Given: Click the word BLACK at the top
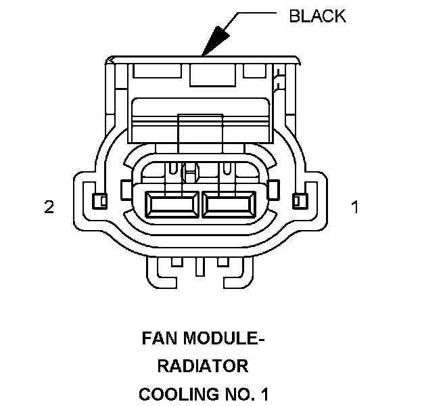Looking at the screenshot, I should tap(317, 16).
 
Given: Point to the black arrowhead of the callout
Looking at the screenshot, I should tap(214, 43).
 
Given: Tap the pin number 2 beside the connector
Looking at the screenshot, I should tap(49, 207).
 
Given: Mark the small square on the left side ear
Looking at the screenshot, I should tap(99, 200).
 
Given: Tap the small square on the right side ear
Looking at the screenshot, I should tap(298, 200).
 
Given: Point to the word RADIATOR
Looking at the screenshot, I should tap(203, 366).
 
